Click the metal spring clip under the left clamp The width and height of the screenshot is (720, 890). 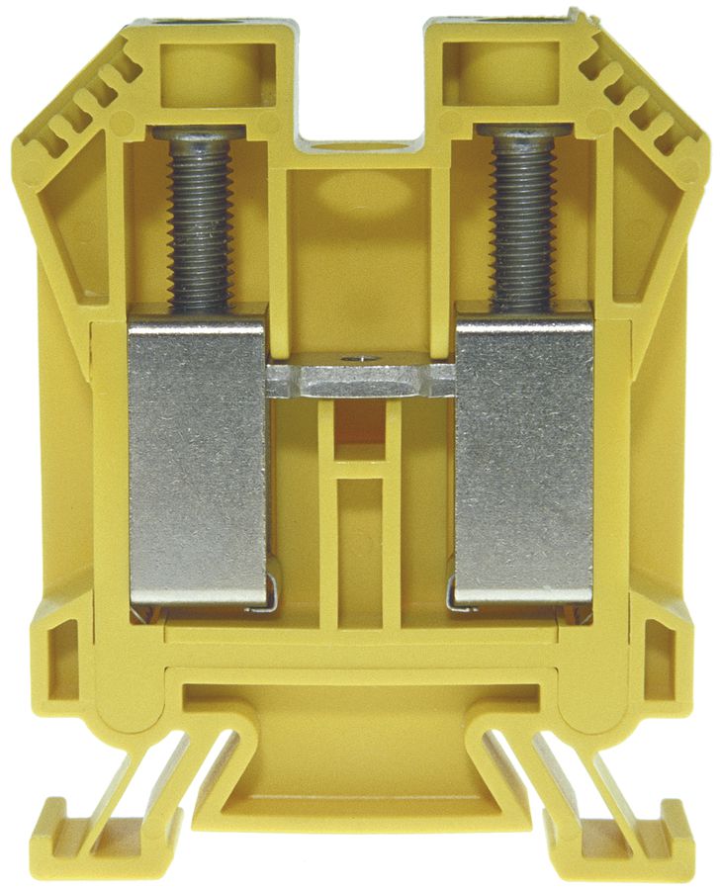click(262, 598)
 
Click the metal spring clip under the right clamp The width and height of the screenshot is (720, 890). click(461, 598)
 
